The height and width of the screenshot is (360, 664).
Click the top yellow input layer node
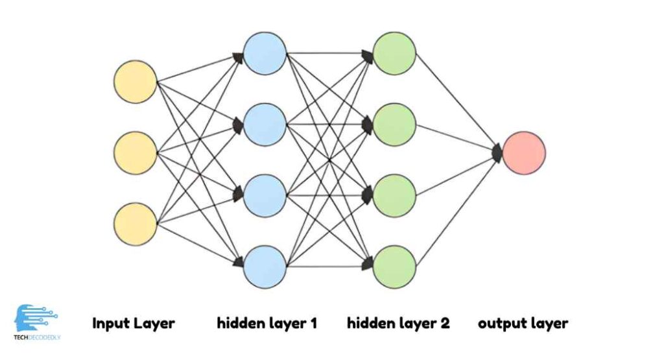(135, 82)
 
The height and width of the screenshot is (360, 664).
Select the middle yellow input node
(135, 153)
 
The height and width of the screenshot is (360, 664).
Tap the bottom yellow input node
(135, 224)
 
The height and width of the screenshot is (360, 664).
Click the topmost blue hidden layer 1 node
(265, 53)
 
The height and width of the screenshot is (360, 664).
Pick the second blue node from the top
(265, 124)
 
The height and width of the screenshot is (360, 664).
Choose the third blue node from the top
(265, 195)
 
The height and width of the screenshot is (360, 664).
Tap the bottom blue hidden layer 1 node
(265, 267)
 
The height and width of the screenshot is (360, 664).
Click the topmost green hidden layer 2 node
(394, 53)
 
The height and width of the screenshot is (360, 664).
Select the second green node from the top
(394, 124)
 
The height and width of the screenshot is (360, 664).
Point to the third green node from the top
(394, 195)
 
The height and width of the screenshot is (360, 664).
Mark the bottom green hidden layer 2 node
(394, 267)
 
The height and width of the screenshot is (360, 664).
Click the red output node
(524, 153)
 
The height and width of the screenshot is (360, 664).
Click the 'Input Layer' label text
(134, 322)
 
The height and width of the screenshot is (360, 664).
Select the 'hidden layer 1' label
(267, 322)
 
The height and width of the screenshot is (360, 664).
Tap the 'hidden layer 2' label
(398, 322)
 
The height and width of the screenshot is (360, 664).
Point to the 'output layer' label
(523, 322)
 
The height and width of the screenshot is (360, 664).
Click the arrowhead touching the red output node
(497, 153)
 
